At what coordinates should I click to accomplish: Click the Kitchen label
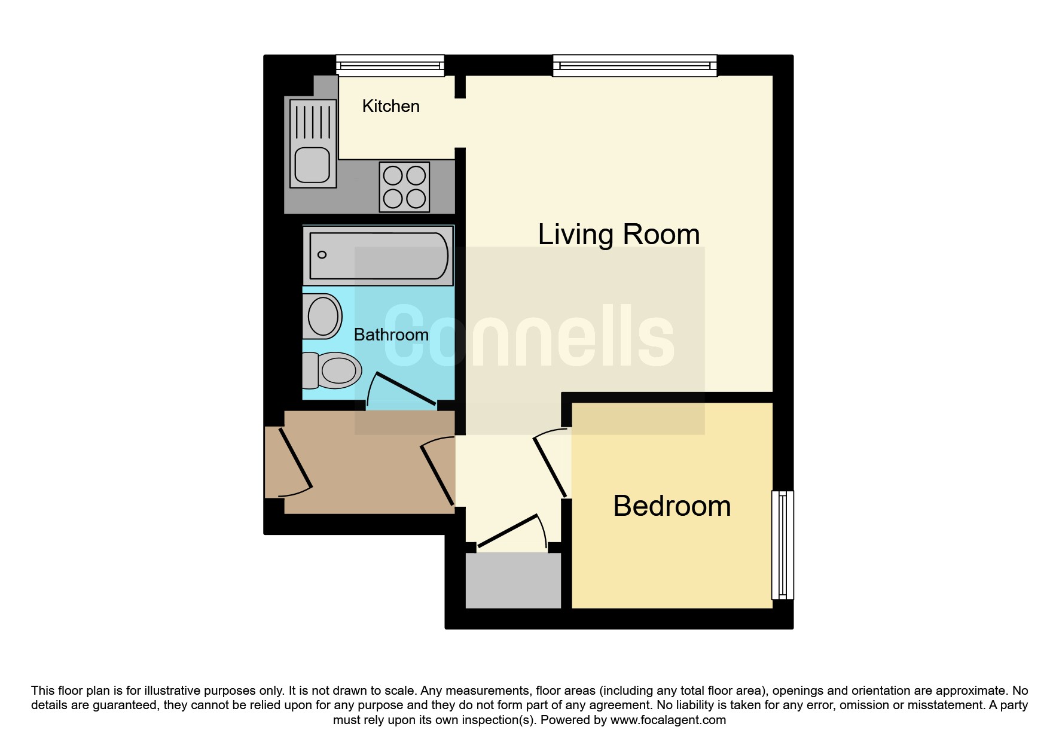390,107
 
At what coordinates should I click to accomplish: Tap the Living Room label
619,234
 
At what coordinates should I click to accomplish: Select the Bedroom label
672,506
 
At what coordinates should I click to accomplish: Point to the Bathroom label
391,334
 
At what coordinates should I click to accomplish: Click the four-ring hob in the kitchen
404,187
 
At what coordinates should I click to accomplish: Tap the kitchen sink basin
312,166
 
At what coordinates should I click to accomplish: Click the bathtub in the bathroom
378,256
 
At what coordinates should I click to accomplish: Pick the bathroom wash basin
322,317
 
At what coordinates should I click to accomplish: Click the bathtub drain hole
322,255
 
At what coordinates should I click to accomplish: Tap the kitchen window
390,65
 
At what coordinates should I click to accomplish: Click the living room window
634,65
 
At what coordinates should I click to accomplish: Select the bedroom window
782,545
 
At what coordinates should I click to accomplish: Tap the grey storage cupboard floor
513,580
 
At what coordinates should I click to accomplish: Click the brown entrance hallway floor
370,462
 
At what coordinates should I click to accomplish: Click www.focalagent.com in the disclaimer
668,720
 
